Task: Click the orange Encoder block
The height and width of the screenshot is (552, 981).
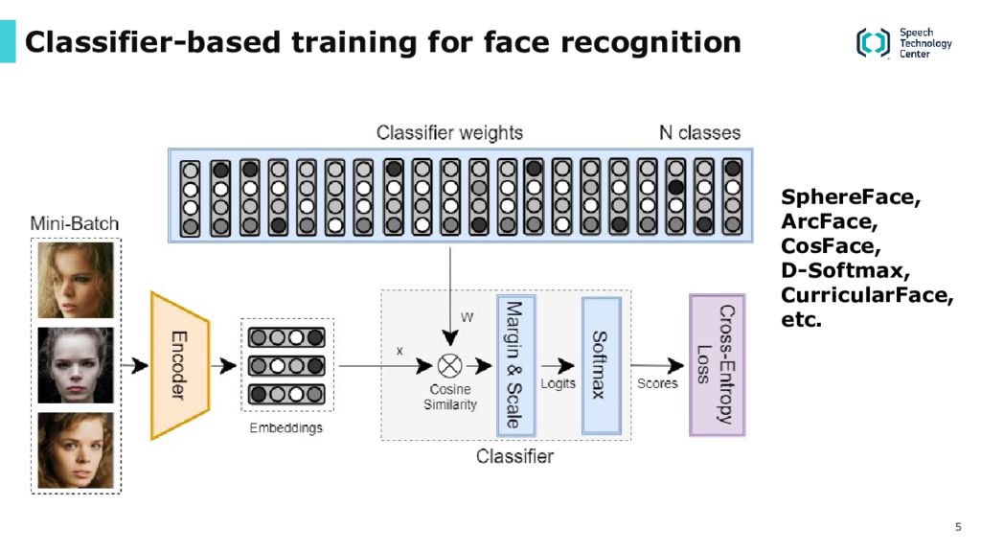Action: click(x=179, y=365)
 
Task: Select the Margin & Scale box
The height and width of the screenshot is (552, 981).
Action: click(x=515, y=365)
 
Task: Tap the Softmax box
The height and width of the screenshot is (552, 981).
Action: click(x=602, y=365)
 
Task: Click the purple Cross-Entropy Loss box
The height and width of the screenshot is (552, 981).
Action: click(x=717, y=365)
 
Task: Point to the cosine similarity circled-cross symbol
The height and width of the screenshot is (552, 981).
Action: click(x=449, y=365)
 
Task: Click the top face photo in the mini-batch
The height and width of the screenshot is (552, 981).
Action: click(x=76, y=281)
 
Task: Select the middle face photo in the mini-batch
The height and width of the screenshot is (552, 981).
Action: click(x=76, y=365)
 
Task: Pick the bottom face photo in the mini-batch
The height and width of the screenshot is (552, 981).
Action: click(x=76, y=450)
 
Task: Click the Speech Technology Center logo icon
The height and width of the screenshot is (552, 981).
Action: click(x=873, y=42)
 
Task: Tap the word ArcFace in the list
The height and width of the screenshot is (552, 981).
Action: click(x=829, y=221)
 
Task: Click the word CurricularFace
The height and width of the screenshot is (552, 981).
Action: click(x=866, y=294)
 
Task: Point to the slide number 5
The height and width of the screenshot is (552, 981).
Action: click(x=958, y=526)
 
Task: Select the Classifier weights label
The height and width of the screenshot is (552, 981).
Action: click(x=449, y=132)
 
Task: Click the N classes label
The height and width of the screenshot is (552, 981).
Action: click(x=699, y=132)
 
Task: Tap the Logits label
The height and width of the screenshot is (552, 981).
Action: click(x=559, y=383)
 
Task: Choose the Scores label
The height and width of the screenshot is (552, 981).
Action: click(x=657, y=383)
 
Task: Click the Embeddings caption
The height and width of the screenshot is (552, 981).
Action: click(x=285, y=428)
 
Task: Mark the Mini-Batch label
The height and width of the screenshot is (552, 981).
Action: click(x=75, y=223)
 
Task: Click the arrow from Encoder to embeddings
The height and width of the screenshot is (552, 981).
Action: click(x=223, y=365)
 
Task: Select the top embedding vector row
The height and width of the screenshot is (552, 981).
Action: click(x=286, y=338)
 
